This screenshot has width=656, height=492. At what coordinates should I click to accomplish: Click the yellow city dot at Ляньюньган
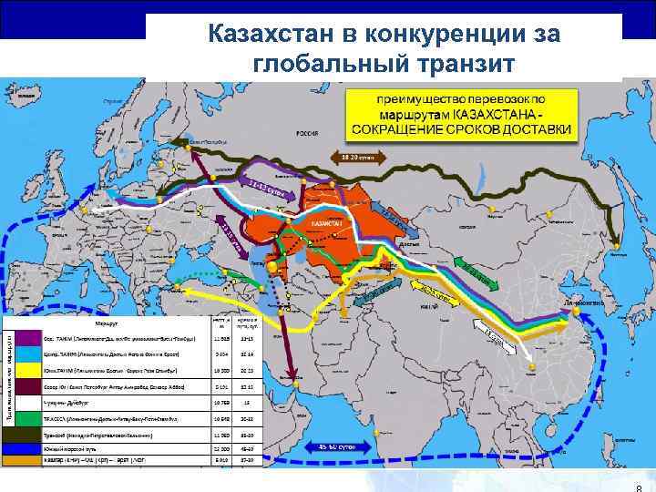click(x=576, y=312)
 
